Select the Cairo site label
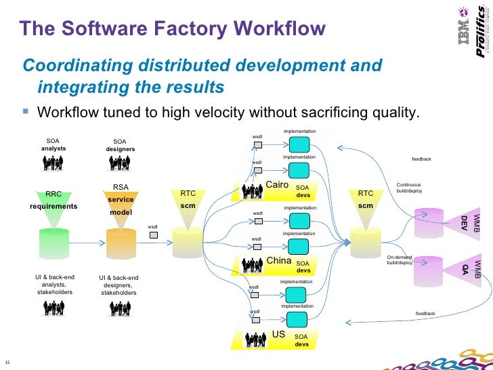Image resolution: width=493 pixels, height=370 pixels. tap(277, 185)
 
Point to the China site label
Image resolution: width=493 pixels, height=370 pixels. tap(278, 261)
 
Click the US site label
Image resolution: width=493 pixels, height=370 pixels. tap(278, 334)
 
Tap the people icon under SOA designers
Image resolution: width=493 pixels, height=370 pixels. tap(120, 163)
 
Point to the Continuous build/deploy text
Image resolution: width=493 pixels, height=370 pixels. tap(409, 188)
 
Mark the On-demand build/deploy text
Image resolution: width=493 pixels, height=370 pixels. tap(400, 260)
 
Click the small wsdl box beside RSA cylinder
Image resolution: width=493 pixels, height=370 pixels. tap(153, 235)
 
